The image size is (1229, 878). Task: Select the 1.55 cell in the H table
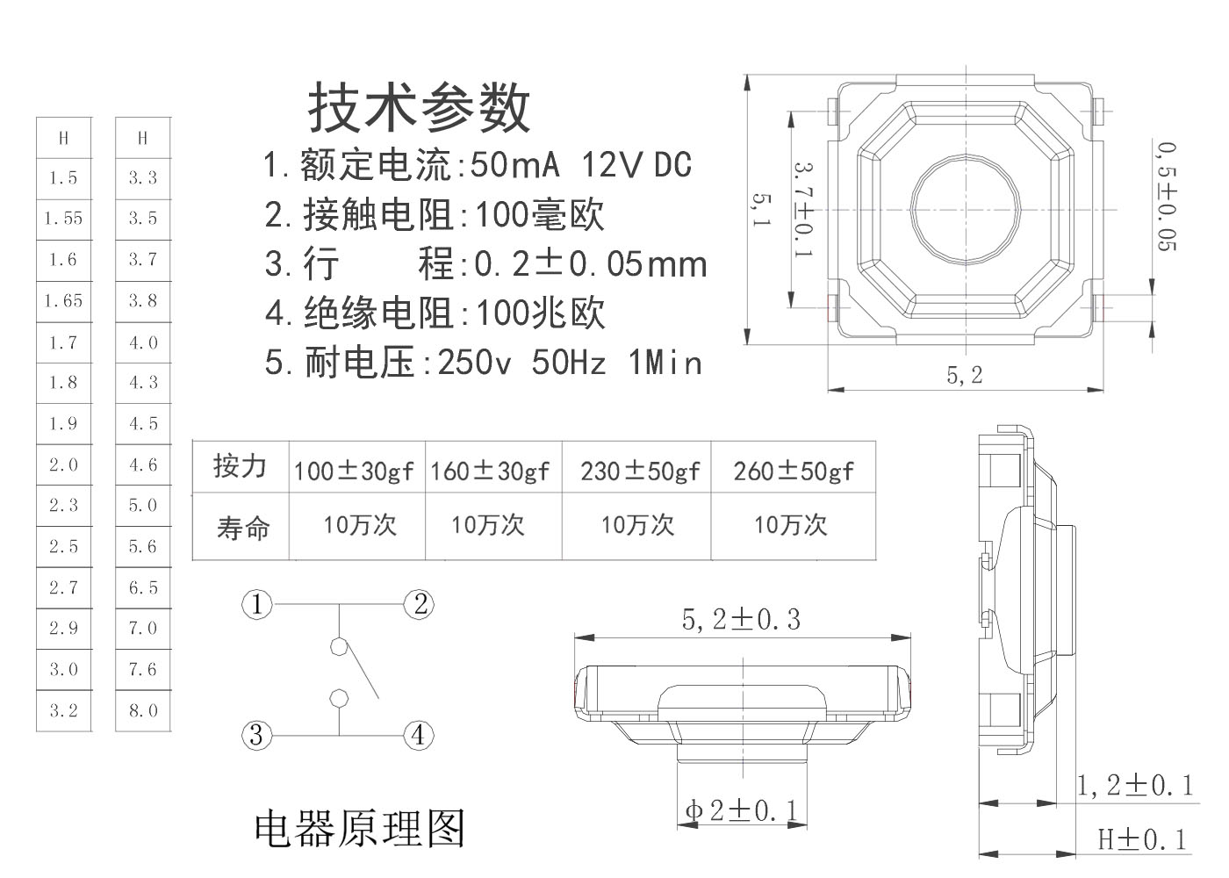[63, 219]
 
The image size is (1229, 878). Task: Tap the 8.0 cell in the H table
[143, 710]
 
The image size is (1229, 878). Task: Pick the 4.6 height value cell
[143, 464]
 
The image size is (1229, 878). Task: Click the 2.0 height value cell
[63, 464]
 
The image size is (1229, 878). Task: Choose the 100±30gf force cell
[353, 471]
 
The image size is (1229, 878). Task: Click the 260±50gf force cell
[793, 471]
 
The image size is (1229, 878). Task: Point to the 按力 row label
[240, 465]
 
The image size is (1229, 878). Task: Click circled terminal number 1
[256, 605]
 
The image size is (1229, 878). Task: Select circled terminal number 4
[418, 734]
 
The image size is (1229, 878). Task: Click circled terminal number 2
[420, 604]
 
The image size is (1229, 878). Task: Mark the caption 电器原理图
[359, 828]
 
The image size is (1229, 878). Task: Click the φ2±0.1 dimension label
[742, 810]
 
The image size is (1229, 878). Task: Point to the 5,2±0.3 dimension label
[741, 620]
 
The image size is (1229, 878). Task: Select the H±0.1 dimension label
[1142, 840]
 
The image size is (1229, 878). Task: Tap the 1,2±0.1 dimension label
[1135, 785]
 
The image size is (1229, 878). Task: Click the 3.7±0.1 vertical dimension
[802, 209]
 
